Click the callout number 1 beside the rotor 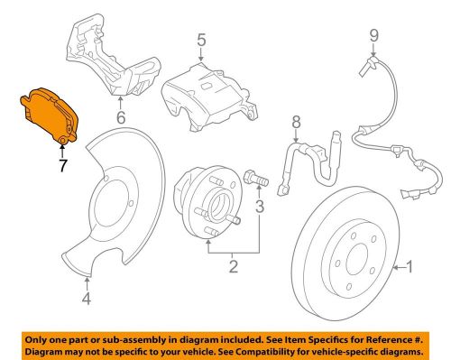tap(410, 266)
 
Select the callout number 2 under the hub tap(234, 266)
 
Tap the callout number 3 tap(260, 207)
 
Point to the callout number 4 tap(87, 299)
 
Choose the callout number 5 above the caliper tap(202, 40)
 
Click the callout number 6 tap(121, 117)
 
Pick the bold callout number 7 tap(63, 165)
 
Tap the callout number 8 tap(296, 122)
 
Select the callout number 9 tap(374, 36)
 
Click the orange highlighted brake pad tap(50, 115)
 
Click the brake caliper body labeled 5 tap(207, 97)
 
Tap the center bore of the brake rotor tap(357, 259)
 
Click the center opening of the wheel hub tap(219, 207)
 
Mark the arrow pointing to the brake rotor tap(399, 267)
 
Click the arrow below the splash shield tap(87, 283)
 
